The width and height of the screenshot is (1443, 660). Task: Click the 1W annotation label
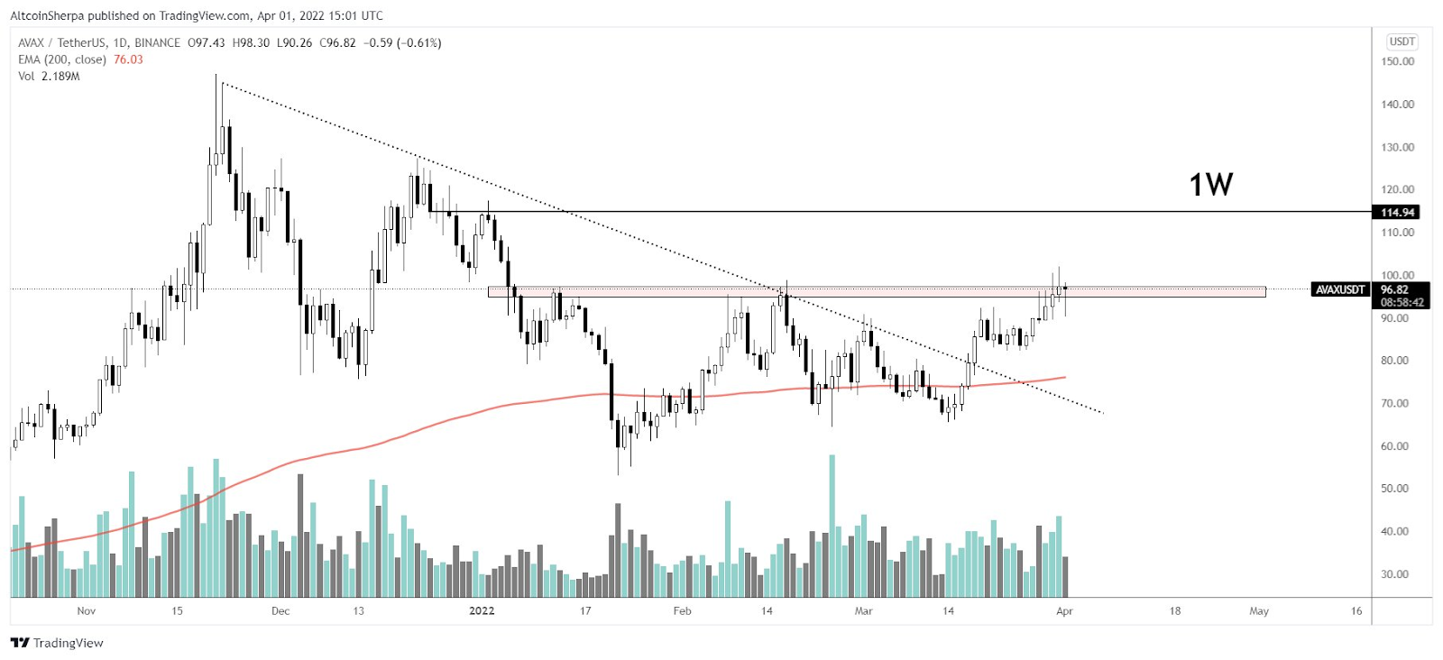pyautogui.click(x=1210, y=185)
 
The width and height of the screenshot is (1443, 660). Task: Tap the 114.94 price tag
pyautogui.click(x=1397, y=213)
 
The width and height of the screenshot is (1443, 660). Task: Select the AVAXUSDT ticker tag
pyautogui.click(x=1339, y=289)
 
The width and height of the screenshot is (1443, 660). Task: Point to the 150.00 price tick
pyautogui.click(x=1397, y=61)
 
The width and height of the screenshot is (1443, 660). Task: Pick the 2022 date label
pyautogui.click(x=482, y=611)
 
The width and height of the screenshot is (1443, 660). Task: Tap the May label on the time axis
pyautogui.click(x=1259, y=611)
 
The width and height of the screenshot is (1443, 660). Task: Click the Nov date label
pyautogui.click(x=86, y=611)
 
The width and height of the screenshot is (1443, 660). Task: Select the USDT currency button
pyautogui.click(x=1402, y=41)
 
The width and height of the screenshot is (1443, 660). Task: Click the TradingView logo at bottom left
pyautogui.click(x=58, y=643)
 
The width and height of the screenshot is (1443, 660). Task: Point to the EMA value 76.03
pyautogui.click(x=128, y=60)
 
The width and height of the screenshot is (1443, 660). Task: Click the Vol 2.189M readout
pyautogui.click(x=49, y=77)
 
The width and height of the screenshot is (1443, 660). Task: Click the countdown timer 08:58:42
pyautogui.click(x=1402, y=303)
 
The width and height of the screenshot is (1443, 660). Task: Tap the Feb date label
pyautogui.click(x=682, y=611)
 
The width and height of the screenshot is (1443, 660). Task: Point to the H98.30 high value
pyautogui.click(x=251, y=42)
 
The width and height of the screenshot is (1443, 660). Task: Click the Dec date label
pyautogui.click(x=280, y=611)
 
